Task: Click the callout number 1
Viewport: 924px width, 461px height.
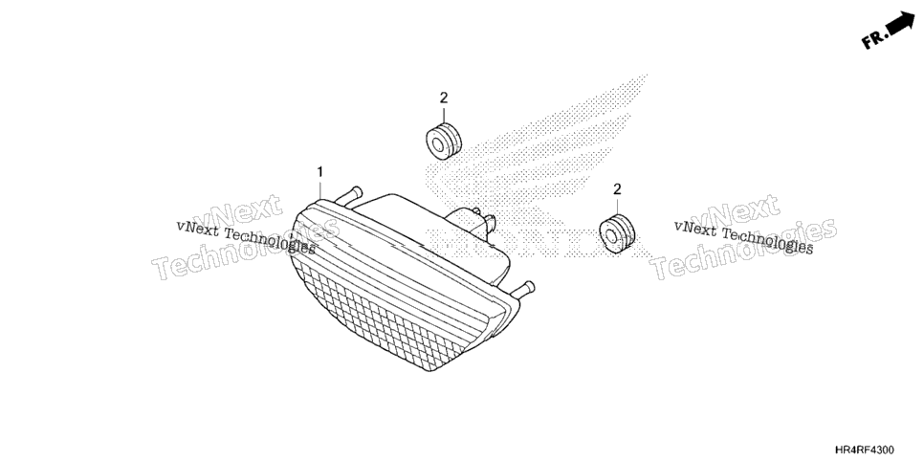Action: (x=320, y=171)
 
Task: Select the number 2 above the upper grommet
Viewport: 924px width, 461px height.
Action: (x=444, y=98)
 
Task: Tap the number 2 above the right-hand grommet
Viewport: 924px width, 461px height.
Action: (x=617, y=189)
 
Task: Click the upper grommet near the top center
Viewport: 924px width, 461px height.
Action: (x=444, y=142)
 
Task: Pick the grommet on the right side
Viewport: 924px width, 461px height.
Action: (x=618, y=234)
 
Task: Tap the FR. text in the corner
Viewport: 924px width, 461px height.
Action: (x=874, y=39)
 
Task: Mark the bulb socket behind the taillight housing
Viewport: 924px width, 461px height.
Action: (x=472, y=223)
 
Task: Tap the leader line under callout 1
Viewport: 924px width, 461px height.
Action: (x=320, y=188)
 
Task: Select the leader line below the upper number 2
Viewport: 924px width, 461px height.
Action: (x=444, y=115)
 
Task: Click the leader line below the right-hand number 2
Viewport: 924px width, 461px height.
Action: (x=617, y=207)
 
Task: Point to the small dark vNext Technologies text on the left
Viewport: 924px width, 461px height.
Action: (x=246, y=237)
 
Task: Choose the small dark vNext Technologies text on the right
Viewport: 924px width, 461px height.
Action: (x=743, y=237)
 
